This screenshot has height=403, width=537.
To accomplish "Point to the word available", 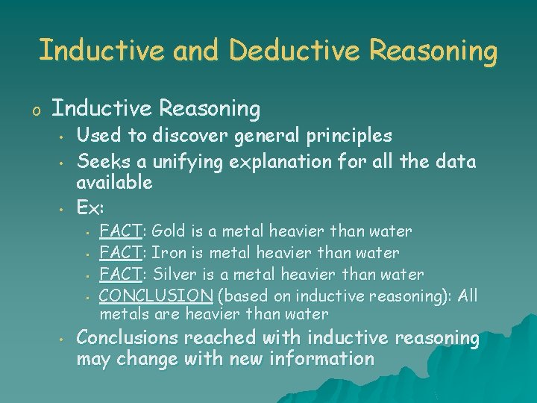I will tap(115, 182).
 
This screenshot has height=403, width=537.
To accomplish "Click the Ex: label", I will tap(92, 204).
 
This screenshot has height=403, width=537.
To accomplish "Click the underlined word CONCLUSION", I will tap(157, 296).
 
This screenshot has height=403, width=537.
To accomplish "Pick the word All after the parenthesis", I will tap(468, 296).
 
